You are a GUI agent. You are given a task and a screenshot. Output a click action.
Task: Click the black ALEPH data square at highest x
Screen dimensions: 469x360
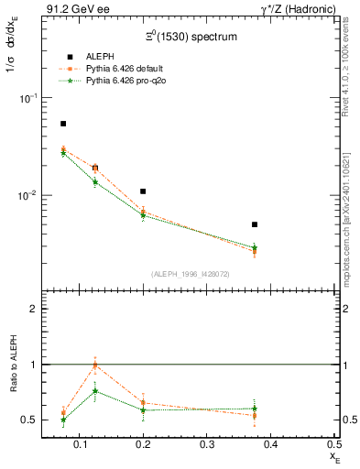point(255,224)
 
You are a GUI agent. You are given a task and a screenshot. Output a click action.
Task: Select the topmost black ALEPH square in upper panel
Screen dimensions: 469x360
point(63,124)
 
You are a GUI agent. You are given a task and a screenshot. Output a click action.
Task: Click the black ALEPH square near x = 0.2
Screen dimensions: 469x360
point(143,191)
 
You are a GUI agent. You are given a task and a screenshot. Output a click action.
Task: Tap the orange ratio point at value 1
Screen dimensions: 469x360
point(95,365)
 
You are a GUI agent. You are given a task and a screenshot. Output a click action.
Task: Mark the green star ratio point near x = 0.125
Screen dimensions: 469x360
point(95,391)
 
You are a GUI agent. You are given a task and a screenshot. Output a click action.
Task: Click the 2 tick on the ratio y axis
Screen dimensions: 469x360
point(34,310)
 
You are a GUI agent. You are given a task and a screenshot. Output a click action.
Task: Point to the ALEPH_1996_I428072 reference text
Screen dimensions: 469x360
point(191,273)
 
